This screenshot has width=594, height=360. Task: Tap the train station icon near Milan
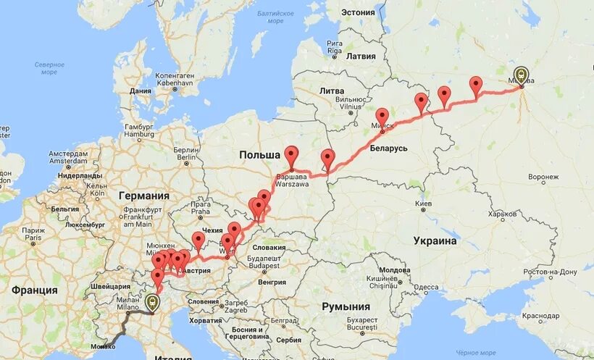151,302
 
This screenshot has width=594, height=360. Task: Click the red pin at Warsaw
291,156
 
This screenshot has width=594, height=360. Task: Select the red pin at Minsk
382,118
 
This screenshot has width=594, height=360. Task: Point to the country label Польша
259,155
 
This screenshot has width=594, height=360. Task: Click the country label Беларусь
390,148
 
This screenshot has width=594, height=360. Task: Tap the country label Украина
435,240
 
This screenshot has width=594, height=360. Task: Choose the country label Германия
144,196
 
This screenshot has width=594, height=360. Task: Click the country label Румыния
346,306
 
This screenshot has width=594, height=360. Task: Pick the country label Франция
34,290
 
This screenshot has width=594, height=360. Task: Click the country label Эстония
358,12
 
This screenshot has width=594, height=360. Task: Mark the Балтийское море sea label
276,17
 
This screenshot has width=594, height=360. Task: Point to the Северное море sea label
49,68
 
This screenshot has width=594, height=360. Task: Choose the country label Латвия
361,56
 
